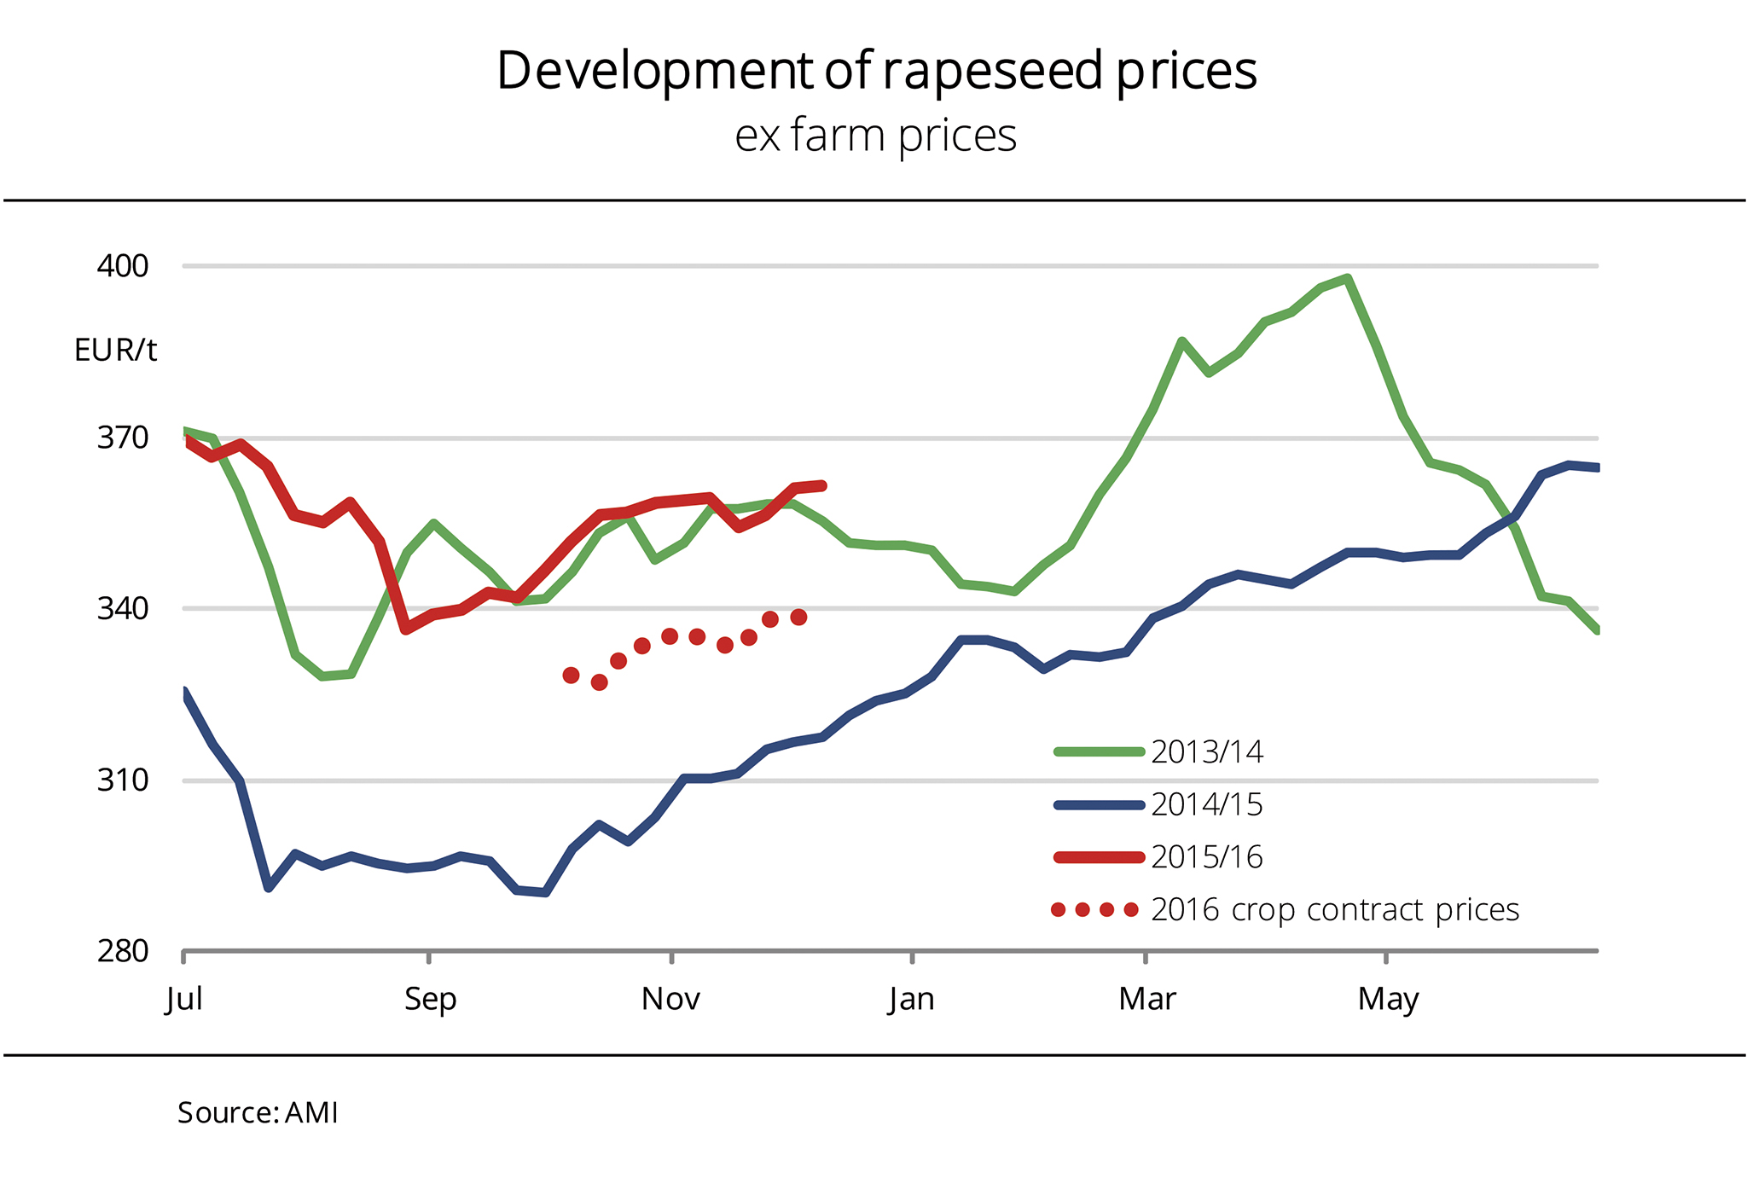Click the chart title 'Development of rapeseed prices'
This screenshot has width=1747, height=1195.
coord(876,71)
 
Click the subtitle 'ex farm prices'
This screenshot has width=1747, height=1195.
coord(875,136)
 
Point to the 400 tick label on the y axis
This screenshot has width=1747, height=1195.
coord(123,266)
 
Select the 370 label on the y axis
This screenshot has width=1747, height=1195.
coord(123,438)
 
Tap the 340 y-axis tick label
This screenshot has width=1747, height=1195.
coord(123,609)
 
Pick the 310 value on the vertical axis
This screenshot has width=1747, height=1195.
coord(123,780)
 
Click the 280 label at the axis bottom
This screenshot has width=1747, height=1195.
coord(123,951)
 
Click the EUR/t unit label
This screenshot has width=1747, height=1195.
coord(115,351)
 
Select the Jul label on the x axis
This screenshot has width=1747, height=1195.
coord(184,999)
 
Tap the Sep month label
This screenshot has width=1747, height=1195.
coord(430,999)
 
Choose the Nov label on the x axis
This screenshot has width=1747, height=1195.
coord(671,999)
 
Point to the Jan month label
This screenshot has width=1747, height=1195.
coord(911,999)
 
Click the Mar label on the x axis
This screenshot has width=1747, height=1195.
coord(1147,999)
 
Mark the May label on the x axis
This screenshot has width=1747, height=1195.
coord(1388,999)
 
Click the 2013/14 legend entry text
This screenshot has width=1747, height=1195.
coord(1207,751)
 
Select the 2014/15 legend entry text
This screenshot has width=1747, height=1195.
coord(1207,804)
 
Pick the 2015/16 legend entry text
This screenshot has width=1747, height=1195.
coord(1207,857)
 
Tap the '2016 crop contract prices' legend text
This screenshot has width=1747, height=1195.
coord(1335,910)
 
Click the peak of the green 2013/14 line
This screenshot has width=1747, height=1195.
coord(1347,277)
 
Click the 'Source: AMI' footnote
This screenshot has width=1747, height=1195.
coord(258,1113)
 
